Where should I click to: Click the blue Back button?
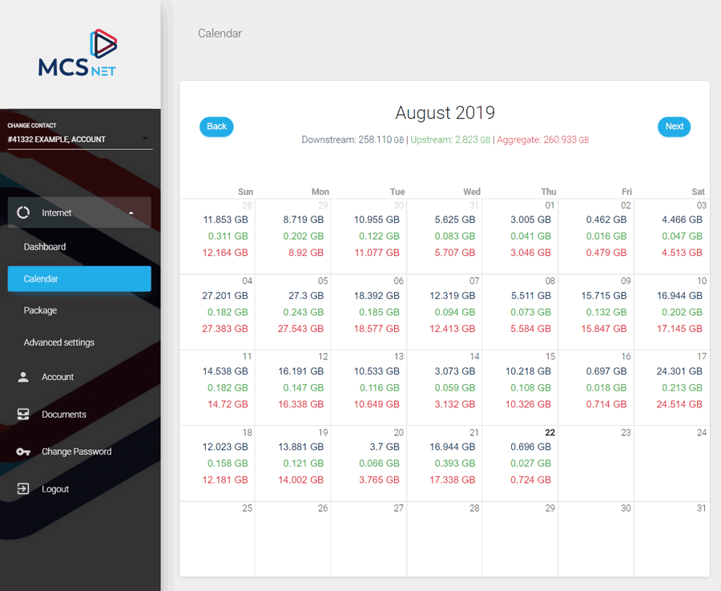pyautogui.click(x=216, y=127)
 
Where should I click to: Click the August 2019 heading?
pyautogui.click(x=445, y=113)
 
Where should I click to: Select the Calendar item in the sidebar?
pyautogui.click(x=79, y=278)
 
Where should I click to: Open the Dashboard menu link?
pyautogui.click(x=45, y=247)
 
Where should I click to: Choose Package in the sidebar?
pyautogui.click(x=40, y=310)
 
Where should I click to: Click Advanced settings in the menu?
pyautogui.click(x=59, y=342)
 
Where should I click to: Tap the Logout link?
pyautogui.click(x=55, y=489)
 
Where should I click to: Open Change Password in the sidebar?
pyautogui.click(x=76, y=451)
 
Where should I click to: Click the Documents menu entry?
pyautogui.click(x=64, y=415)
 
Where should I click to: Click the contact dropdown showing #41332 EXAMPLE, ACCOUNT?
pyautogui.click(x=79, y=140)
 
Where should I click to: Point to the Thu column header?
pyautogui.click(x=548, y=192)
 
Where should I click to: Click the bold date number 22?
pyautogui.click(x=550, y=432)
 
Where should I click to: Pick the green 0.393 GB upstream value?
pyautogui.click(x=452, y=463)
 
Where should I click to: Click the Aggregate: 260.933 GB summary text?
pyautogui.click(x=542, y=140)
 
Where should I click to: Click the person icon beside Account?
pyautogui.click(x=23, y=377)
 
